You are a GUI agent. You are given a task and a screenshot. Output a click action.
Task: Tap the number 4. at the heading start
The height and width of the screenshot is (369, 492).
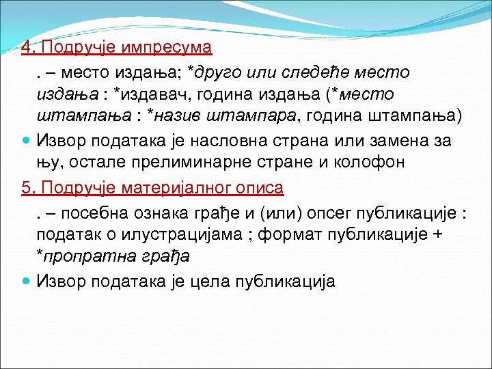(x=28, y=49)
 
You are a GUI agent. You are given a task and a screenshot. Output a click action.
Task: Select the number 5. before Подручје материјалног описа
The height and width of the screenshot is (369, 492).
(x=28, y=188)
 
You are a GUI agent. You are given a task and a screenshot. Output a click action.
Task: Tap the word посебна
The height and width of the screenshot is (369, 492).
(x=92, y=211)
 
